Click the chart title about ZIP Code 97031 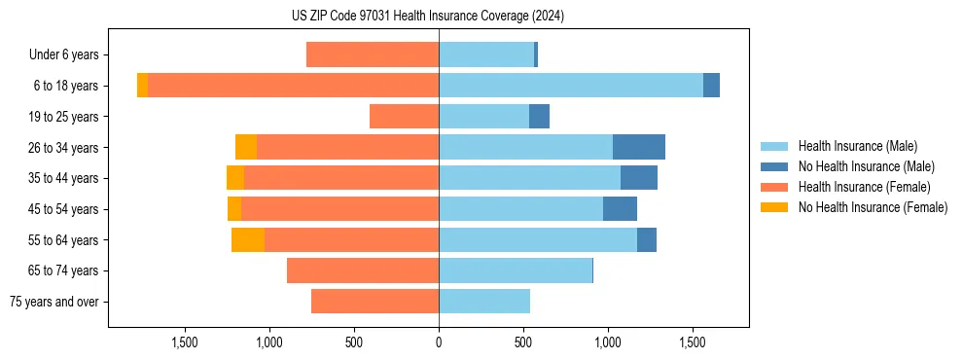click(427, 17)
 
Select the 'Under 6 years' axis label click(69, 55)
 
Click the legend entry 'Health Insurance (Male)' click(857, 146)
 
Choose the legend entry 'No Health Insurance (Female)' click(873, 207)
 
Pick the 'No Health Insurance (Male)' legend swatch click(775, 166)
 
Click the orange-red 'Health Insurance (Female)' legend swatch click(775, 187)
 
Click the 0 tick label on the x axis click(439, 342)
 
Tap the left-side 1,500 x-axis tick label click(185, 342)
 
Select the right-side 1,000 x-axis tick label click(608, 342)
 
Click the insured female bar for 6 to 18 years click(293, 86)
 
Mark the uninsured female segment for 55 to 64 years click(248, 240)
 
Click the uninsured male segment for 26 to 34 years click(639, 147)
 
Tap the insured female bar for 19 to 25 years click(404, 117)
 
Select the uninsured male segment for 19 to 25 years click(539, 117)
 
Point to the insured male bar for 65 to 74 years click(516, 270)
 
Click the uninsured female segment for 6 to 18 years click(143, 86)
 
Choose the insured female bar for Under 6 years click(373, 55)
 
